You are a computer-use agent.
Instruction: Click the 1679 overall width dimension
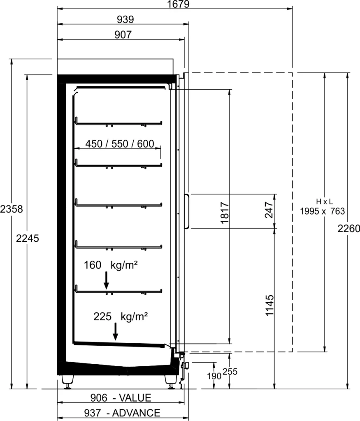point(178,4)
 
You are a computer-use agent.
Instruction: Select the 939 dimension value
point(125,19)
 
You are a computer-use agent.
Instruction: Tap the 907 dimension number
point(123,35)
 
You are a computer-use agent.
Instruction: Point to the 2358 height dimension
point(11,209)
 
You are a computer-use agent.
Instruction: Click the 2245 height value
point(28,238)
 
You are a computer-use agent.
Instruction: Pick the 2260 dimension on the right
point(348,229)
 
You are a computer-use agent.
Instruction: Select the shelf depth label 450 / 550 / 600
point(120,144)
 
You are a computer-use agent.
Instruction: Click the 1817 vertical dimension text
point(225,213)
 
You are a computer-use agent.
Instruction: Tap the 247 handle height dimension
point(269,210)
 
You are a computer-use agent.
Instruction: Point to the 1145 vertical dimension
point(269,305)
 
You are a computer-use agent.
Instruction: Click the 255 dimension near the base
point(230,372)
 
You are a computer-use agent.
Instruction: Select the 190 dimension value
point(214,376)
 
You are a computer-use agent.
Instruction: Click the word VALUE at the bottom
point(135,398)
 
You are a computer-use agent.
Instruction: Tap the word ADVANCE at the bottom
point(136,413)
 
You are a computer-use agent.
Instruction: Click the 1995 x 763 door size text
point(323,211)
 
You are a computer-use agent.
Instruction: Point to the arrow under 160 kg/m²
point(107,280)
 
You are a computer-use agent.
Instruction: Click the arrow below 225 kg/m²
point(115,331)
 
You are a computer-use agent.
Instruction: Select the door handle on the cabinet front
point(187,211)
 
